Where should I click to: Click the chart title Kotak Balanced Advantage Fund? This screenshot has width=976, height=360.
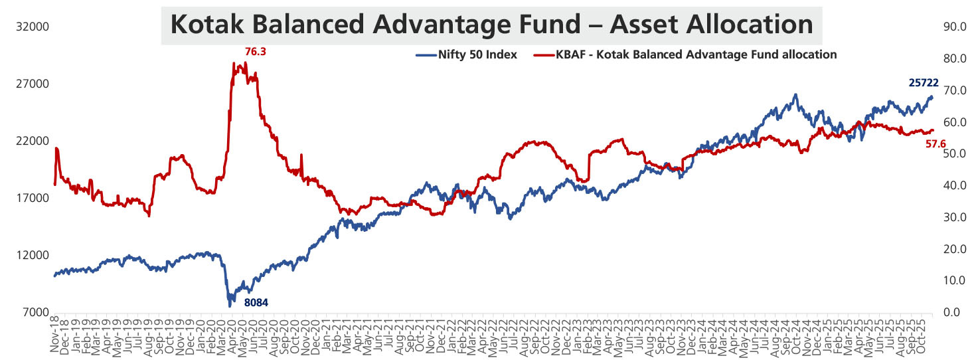pos(491,25)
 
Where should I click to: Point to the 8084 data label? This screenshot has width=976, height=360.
pos(256,303)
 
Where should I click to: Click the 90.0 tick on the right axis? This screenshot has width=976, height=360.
pos(953,27)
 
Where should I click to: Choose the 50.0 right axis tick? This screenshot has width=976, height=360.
pos(953,154)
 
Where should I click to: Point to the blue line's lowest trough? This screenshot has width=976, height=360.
pos(230,306)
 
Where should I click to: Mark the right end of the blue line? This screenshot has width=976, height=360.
pos(932,97)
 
